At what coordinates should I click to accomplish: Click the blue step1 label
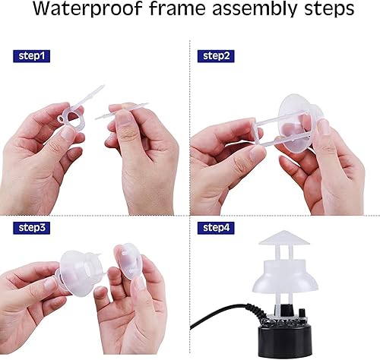31,55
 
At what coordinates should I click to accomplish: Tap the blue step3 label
31,226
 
